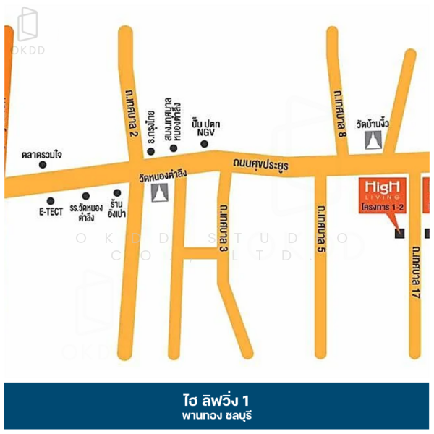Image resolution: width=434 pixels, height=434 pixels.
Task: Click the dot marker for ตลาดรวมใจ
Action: tap(43, 165)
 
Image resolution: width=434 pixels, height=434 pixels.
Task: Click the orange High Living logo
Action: tap(383, 188)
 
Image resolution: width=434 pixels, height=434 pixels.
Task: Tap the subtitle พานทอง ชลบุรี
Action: tap(216, 416)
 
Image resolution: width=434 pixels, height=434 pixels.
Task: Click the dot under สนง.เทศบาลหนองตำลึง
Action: tap(174, 148)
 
